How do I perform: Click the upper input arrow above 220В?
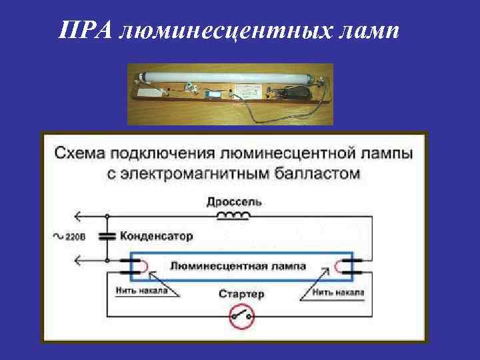tap(79, 215)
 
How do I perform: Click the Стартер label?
tap(241, 294)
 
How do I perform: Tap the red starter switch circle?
tap(241, 318)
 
